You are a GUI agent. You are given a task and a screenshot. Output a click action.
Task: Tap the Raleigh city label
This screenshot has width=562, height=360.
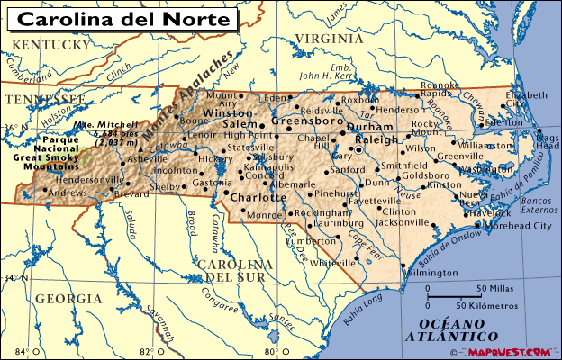(x=377, y=139)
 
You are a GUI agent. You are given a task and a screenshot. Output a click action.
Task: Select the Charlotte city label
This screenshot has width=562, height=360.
(x=258, y=197)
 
